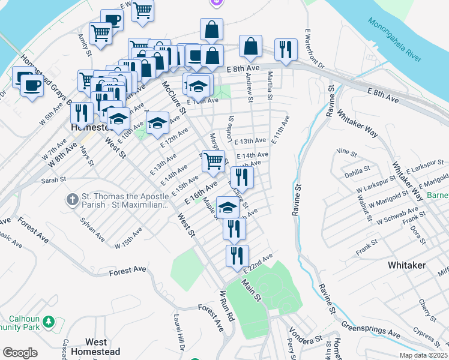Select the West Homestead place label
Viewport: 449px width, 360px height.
click(x=95, y=347)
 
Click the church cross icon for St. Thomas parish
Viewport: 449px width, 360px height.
click(x=71, y=199)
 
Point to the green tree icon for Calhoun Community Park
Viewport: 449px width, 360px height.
click(x=49, y=323)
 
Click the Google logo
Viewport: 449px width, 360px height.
click(x=20, y=353)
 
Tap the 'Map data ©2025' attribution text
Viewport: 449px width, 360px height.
click(x=423, y=355)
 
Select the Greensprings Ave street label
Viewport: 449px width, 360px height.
click(x=371, y=328)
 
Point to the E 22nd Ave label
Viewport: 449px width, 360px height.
click(x=258, y=262)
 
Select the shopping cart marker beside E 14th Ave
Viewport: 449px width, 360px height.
click(x=214, y=160)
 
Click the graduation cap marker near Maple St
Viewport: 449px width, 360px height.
click(x=228, y=207)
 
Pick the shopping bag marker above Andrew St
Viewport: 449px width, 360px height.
click(x=250, y=45)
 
